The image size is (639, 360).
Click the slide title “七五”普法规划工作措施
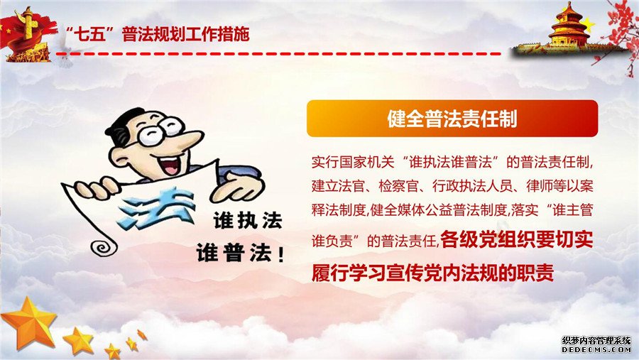(x=158, y=35)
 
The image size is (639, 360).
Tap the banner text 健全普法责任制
(x=452, y=119)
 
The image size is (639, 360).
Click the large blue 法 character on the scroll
(x=155, y=207)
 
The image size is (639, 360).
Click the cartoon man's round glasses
(x=160, y=131)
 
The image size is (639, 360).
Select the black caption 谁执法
(x=248, y=221)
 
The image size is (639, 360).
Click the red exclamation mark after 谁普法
(x=280, y=254)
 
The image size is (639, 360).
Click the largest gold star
(x=29, y=322)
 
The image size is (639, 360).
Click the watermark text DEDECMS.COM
(x=596, y=350)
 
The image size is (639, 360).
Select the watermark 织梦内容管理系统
(x=596, y=340)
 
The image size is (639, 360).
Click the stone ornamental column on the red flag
(x=28, y=24)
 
